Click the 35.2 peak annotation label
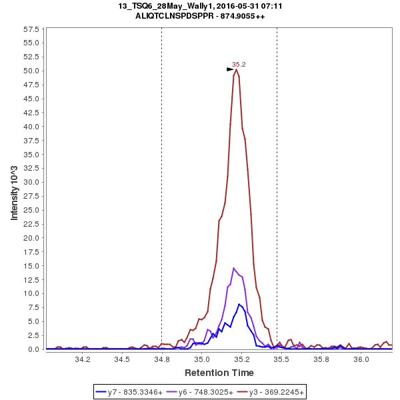pyautogui.click(x=239, y=65)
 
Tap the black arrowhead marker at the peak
pyautogui.click(x=230, y=69)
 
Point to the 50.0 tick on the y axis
pyautogui.click(x=31, y=71)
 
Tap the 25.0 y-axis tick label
pyautogui.click(x=31, y=210)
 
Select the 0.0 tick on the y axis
pyautogui.click(x=33, y=349)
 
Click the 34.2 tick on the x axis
pyautogui.click(x=83, y=359)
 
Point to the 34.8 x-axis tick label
pyautogui.click(x=162, y=359)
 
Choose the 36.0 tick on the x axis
pyautogui.click(x=361, y=359)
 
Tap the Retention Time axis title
pyautogui.click(x=219, y=372)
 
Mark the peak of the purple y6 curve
pyautogui.click(x=234, y=268)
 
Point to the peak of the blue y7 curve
pyautogui.click(x=239, y=304)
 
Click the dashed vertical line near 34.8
pyautogui.click(x=161, y=200)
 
